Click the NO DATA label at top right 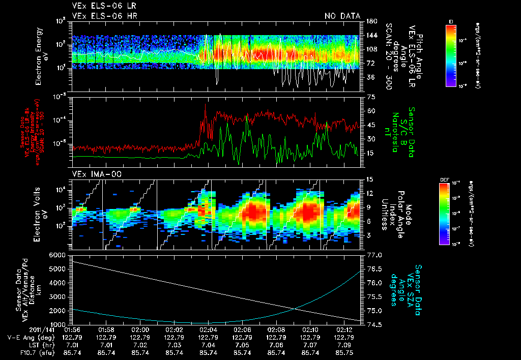[342, 16]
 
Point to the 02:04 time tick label [208, 329]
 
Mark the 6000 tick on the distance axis [58, 254]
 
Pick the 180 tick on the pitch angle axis [371, 21]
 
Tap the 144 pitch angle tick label [371, 36]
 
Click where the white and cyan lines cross [296, 308]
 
